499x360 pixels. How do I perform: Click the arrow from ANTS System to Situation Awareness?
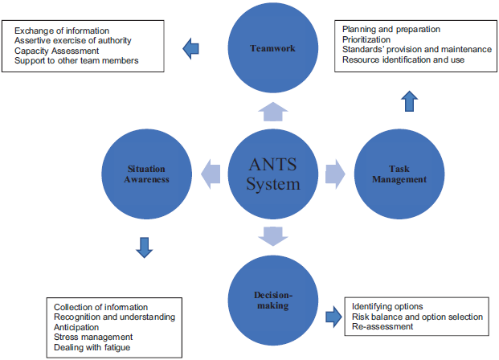click(x=211, y=171)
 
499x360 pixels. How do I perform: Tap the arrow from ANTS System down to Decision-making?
click(x=272, y=236)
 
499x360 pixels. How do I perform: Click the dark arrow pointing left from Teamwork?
click(x=191, y=50)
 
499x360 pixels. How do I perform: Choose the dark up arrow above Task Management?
click(x=408, y=101)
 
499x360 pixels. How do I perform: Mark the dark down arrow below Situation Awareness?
click(x=145, y=247)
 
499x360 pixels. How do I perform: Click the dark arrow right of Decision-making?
click(x=333, y=316)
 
